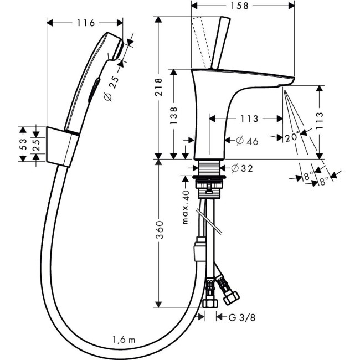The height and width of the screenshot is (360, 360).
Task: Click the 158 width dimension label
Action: [242, 6]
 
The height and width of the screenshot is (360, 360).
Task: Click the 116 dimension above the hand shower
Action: [85, 23]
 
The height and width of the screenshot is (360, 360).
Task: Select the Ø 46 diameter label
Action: [247, 141]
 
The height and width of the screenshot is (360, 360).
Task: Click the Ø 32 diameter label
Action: [240, 168]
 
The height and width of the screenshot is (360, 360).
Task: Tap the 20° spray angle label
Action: [292, 136]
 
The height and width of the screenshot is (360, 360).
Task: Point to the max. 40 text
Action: [186, 208]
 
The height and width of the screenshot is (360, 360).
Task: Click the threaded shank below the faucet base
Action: [208, 168]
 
